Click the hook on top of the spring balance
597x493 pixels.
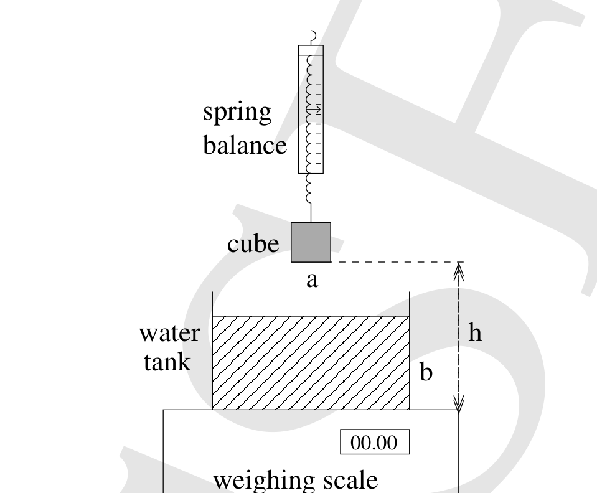[x=313, y=37]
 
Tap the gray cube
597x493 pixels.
[x=311, y=243]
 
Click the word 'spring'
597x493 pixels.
[x=237, y=113]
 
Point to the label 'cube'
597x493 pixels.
[x=253, y=243]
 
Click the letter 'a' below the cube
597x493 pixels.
[x=312, y=280]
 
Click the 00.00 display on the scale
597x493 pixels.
[x=375, y=442]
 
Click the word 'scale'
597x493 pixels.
[x=350, y=480]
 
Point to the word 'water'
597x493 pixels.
[x=170, y=334]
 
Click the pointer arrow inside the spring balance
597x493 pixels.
[x=314, y=110]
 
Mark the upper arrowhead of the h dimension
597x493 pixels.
[x=459, y=271]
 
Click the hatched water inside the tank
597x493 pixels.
[x=311, y=363]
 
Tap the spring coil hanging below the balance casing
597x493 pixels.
[x=310, y=189]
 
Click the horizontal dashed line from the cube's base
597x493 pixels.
[x=397, y=262]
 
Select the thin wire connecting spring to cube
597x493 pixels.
[x=311, y=213]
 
